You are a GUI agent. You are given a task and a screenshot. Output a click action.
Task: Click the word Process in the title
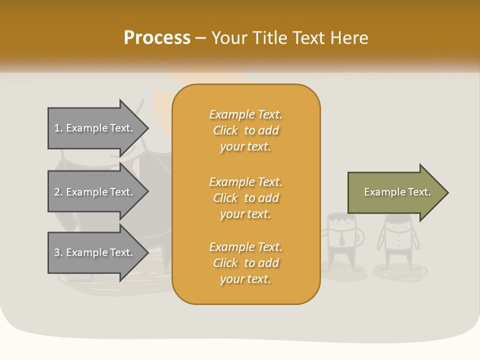(x=157, y=38)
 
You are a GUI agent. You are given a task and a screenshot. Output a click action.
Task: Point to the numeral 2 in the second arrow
(x=57, y=192)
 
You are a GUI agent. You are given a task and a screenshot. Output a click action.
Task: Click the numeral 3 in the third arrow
(x=57, y=252)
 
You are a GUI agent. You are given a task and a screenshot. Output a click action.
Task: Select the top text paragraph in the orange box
(x=245, y=130)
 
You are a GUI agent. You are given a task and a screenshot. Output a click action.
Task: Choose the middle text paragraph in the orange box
(x=245, y=198)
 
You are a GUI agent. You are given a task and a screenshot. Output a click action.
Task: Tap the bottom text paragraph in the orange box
(x=245, y=263)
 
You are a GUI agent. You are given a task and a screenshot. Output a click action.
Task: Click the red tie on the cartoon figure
(x=342, y=239)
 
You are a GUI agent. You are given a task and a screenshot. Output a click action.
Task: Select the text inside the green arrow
(x=397, y=192)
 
